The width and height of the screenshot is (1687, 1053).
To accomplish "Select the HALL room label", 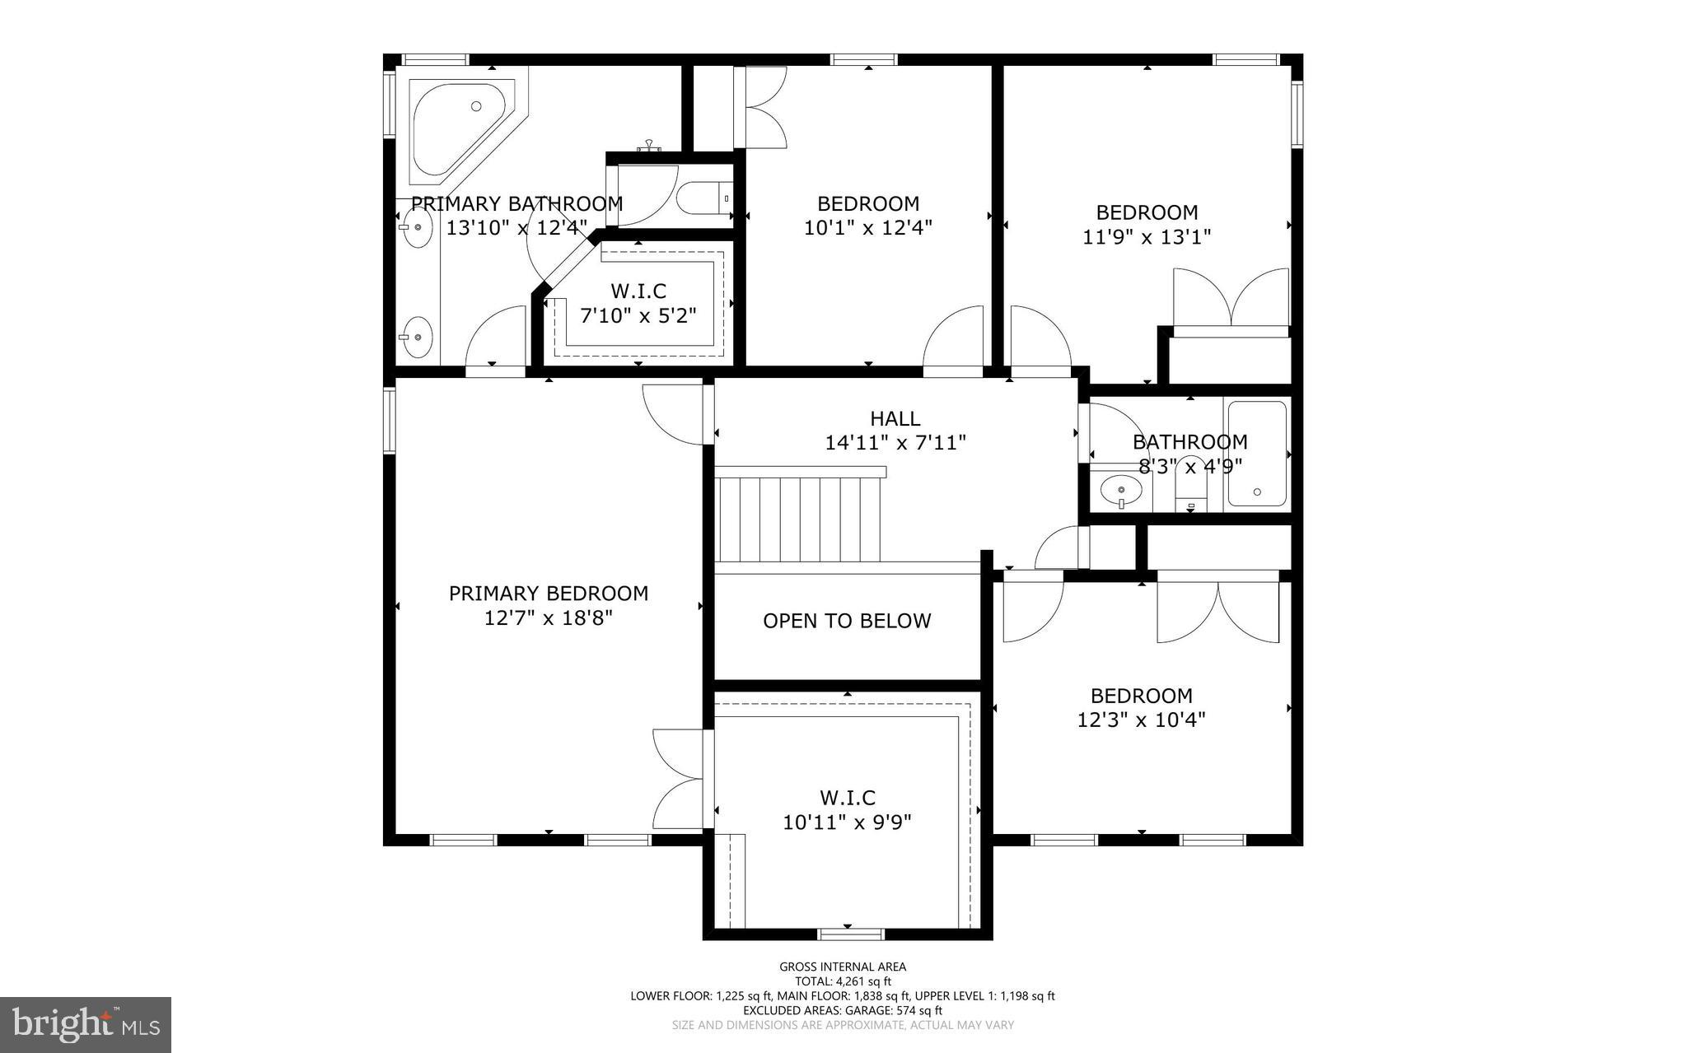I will pos(895,419).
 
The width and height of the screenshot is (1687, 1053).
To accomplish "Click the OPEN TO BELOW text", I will pos(847,621).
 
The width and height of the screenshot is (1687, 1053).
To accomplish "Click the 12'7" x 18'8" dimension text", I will pos(549,617).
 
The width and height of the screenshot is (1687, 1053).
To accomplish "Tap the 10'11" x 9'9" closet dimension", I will pos(847,822).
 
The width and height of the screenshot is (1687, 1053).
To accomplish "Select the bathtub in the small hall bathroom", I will pos(1256,453).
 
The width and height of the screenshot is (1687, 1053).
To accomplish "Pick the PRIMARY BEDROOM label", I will pos(549,593).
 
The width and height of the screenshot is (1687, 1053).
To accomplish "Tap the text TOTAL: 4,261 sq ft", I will pos(843,981).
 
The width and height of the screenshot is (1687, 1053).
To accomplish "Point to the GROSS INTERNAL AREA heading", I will pos(843,967).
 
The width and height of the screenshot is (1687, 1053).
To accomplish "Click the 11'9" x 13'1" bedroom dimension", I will pos(1147,237).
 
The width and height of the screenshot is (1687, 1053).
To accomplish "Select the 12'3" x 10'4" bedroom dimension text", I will pos(1141,720).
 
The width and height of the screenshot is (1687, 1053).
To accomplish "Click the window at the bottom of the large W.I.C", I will pos(850,934).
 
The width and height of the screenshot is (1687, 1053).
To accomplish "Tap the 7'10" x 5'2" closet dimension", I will pos(638,315).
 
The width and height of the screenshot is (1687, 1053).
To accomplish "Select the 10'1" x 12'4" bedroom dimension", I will pos(867,227).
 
